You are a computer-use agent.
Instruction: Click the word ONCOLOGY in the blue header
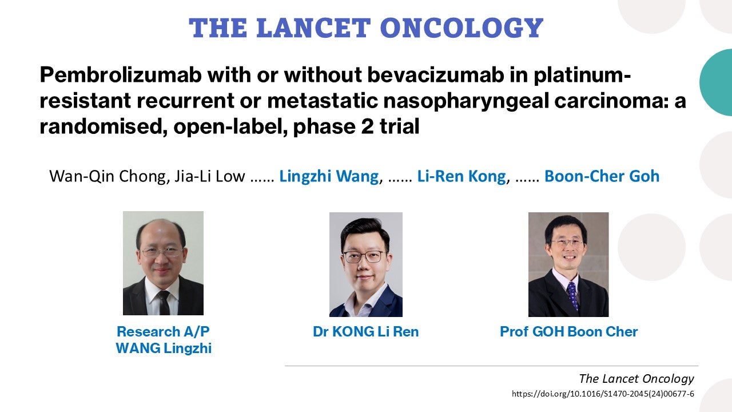(x=462, y=28)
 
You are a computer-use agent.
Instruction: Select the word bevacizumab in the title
(x=435, y=75)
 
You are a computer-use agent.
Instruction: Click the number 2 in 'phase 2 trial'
(x=368, y=126)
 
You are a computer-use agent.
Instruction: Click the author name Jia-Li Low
(x=210, y=176)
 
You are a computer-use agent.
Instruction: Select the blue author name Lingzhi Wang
(x=329, y=177)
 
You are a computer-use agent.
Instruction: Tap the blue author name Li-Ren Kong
(x=462, y=176)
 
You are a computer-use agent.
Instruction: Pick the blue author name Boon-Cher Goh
(x=602, y=176)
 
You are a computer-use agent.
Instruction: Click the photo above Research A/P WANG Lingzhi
(x=163, y=263)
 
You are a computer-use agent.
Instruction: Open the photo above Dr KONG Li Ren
(x=365, y=264)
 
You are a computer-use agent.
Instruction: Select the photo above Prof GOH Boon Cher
(x=568, y=264)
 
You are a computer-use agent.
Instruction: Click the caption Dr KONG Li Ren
(x=365, y=331)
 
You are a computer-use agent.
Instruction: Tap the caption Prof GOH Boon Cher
(x=568, y=331)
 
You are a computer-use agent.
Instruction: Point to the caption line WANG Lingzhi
(x=164, y=348)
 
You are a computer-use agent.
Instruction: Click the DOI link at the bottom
(x=603, y=394)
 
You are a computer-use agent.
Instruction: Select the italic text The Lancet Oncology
(x=636, y=379)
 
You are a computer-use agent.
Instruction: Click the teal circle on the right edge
(x=717, y=82)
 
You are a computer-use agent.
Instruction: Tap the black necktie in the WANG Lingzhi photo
(x=164, y=303)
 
